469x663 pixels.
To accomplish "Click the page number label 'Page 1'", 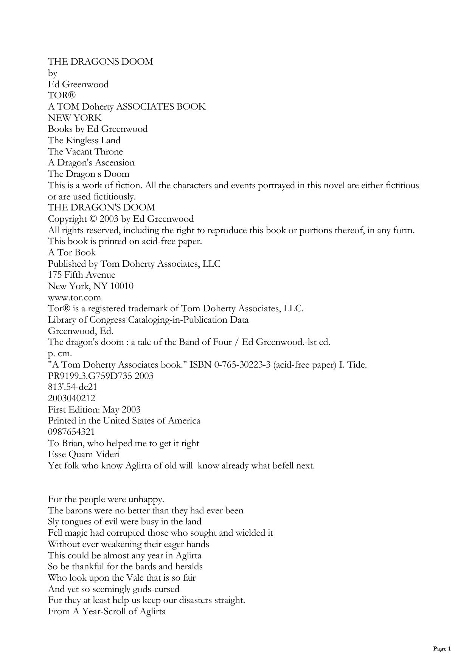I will (442, 649).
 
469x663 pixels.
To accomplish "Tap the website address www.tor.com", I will (74, 297).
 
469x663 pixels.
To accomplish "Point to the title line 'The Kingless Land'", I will (84, 141).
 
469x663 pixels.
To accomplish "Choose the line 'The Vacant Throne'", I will (85, 151).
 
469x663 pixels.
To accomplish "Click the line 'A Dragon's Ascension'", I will (91, 163).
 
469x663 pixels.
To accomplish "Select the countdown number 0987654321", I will (71, 432).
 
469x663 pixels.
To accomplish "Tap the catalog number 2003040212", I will (71, 398).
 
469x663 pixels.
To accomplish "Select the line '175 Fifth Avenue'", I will (81, 275).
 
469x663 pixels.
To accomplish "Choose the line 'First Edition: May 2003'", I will (94, 410).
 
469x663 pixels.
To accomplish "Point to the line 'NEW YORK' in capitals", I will (75, 118).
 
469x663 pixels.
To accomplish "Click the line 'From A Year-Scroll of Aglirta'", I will (107, 611).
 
